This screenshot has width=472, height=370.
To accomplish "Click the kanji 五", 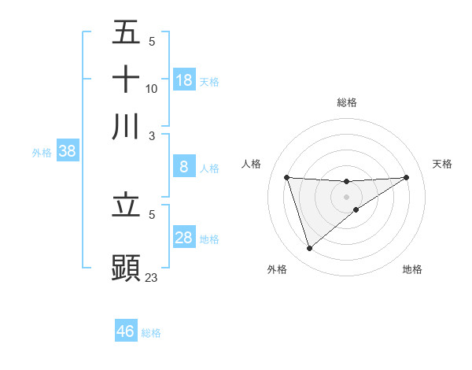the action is (x=127, y=33).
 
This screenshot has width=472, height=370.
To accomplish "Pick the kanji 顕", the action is (x=127, y=266).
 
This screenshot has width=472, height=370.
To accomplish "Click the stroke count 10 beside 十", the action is (x=152, y=89).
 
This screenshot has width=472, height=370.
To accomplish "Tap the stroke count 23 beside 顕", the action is (x=152, y=277).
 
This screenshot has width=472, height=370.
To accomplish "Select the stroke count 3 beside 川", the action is (x=151, y=135).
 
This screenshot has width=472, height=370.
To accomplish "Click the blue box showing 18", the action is (x=184, y=80).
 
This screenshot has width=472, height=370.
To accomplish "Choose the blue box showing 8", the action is (x=184, y=167).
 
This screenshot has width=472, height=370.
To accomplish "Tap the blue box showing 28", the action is (x=184, y=238).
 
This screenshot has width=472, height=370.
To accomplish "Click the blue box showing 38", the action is (x=67, y=152).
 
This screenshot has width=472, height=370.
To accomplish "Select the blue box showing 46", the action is (x=126, y=331).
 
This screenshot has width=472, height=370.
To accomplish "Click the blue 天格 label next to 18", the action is (x=209, y=81).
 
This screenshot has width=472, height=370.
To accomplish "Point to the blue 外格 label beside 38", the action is (x=42, y=153).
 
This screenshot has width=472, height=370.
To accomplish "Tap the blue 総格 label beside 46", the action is (x=151, y=333).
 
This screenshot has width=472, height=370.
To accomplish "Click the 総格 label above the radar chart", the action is (x=347, y=102).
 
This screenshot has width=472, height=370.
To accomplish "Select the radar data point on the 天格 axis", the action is (x=407, y=177).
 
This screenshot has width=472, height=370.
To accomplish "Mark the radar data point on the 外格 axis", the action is (x=309, y=249).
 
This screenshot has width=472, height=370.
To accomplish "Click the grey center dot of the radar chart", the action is (x=347, y=196).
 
